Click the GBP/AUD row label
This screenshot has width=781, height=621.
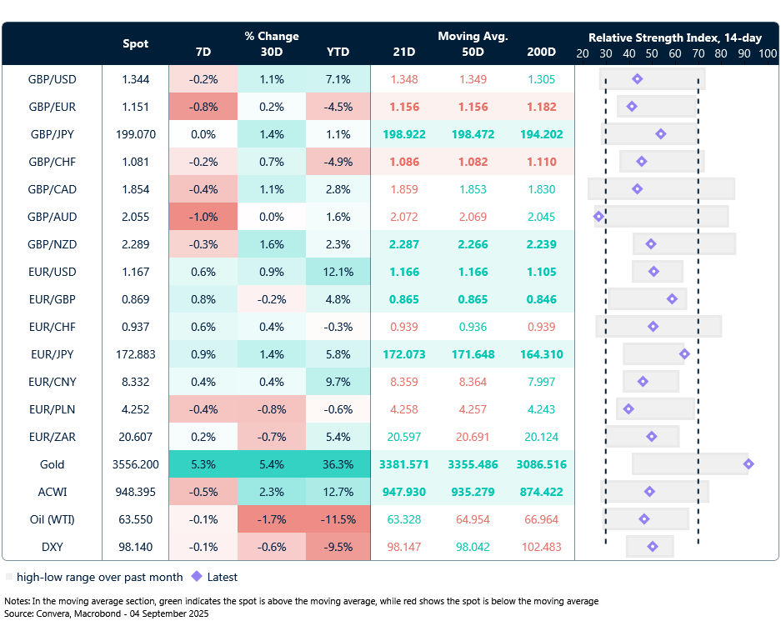pyautogui.click(x=52, y=217)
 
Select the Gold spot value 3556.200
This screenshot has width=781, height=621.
pyautogui.click(x=136, y=464)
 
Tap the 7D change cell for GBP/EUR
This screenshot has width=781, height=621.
pyautogui.click(x=203, y=107)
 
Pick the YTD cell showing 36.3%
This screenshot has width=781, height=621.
pyautogui.click(x=338, y=464)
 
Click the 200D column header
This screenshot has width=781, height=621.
pyautogui.click(x=541, y=52)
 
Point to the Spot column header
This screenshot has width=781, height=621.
pyautogui.click(x=136, y=43)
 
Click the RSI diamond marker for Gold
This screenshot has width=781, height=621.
pyautogui.click(x=748, y=464)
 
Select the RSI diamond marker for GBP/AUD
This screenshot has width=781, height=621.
pyautogui.click(x=598, y=217)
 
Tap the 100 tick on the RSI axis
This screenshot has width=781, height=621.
pyautogui.click(x=768, y=53)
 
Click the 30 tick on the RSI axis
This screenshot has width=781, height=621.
pyautogui.click(x=606, y=53)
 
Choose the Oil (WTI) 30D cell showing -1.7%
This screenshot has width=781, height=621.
pyautogui.click(x=271, y=519)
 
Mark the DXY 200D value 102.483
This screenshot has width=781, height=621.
pyautogui.click(x=541, y=547)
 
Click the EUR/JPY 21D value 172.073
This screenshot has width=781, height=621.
pyautogui.click(x=404, y=354)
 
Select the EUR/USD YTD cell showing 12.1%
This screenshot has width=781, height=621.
pyautogui.click(x=338, y=272)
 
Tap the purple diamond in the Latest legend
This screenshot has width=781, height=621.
pyautogui.click(x=197, y=577)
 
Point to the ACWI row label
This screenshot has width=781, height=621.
pyautogui.click(x=52, y=492)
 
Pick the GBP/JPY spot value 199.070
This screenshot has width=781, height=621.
pyautogui.click(x=136, y=134)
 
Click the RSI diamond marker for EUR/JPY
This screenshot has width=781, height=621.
pyautogui.click(x=684, y=354)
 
